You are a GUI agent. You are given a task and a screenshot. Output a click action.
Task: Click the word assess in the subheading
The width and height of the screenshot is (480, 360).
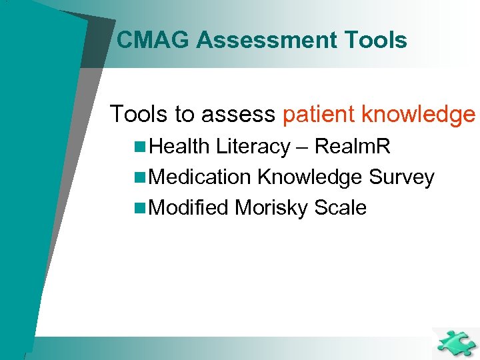coord(239,115)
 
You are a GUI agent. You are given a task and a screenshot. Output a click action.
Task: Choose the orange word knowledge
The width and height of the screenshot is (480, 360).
coord(418,115)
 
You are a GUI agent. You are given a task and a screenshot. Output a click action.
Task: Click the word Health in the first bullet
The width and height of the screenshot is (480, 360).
coord(181,147)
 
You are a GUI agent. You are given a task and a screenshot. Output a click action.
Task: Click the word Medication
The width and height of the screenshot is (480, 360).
coord(201,177)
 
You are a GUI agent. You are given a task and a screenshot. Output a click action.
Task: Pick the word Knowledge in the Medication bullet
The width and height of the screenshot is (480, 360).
coord(309,177)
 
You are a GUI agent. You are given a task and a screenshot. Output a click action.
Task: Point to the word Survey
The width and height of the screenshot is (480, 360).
coord(401,177)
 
